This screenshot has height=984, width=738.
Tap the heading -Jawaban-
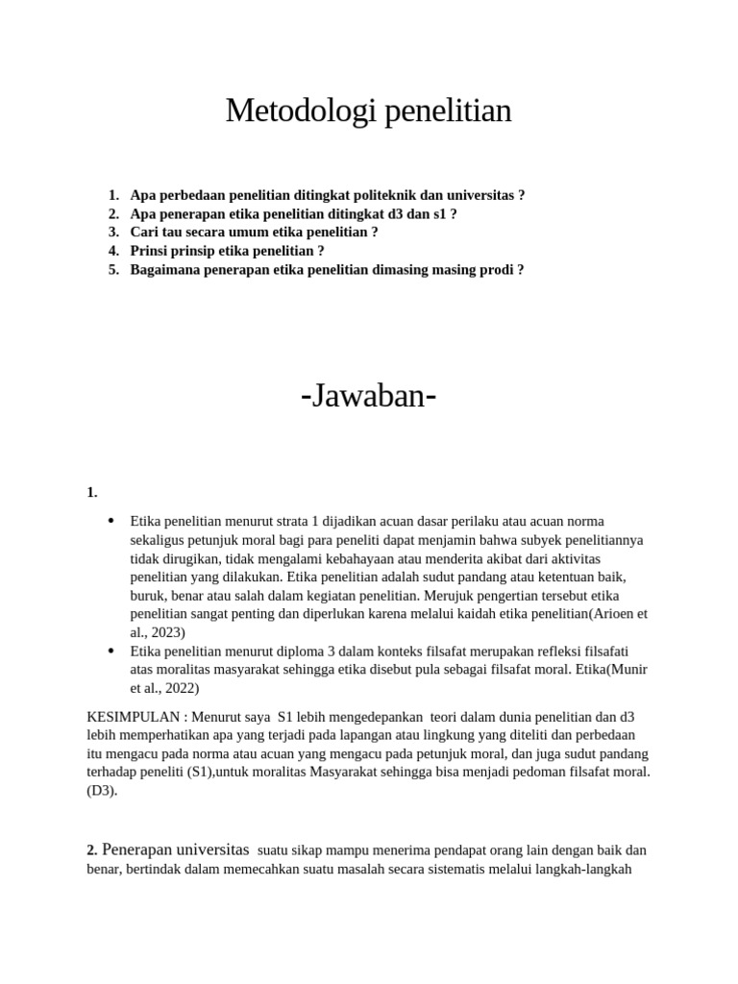pos(368,395)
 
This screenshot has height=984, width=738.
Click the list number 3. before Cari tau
pos(113,233)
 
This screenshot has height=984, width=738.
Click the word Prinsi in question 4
pos(150,251)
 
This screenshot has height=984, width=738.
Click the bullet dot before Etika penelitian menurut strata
pos(111,521)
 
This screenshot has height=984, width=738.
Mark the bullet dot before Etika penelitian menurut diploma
pos(111,652)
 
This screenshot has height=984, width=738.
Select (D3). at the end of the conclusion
pos(101,791)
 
